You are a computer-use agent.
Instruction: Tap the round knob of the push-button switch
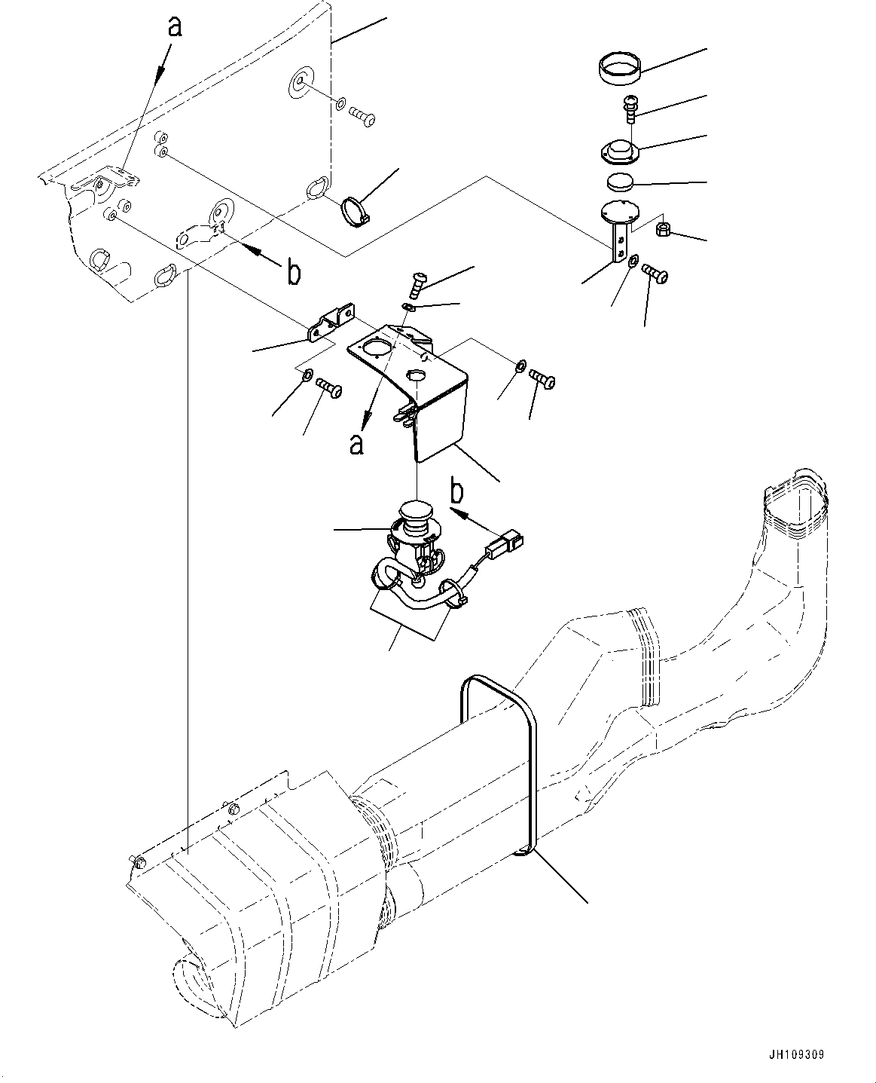point(414,514)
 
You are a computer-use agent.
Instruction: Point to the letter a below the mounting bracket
point(356,444)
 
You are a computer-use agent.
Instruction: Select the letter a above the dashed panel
point(175,26)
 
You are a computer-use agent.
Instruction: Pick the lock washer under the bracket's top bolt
point(408,306)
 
